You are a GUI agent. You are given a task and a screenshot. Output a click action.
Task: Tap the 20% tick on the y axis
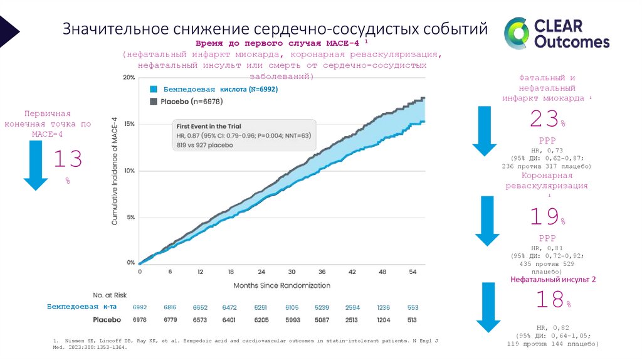(x=129, y=78)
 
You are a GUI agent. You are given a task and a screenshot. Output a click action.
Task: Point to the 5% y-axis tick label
(x=130, y=217)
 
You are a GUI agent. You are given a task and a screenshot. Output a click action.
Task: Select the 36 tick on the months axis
(x=322, y=272)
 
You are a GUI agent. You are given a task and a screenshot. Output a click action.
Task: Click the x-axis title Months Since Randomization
(x=282, y=285)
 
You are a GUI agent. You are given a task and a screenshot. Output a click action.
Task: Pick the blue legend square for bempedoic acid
(x=152, y=90)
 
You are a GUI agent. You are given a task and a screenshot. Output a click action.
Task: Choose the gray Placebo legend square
(x=152, y=101)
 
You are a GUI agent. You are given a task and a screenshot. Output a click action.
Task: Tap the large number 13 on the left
(x=67, y=159)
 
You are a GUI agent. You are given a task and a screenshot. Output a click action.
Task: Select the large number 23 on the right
(x=544, y=119)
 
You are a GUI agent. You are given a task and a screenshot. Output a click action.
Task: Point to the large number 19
(x=544, y=217)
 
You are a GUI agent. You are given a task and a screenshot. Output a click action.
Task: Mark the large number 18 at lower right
(x=550, y=300)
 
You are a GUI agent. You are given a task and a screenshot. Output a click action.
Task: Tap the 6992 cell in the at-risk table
(x=139, y=307)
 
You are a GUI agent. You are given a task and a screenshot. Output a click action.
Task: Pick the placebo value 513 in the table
(x=412, y=320)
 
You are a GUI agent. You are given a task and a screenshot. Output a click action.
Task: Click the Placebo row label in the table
(x=107, y=320)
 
